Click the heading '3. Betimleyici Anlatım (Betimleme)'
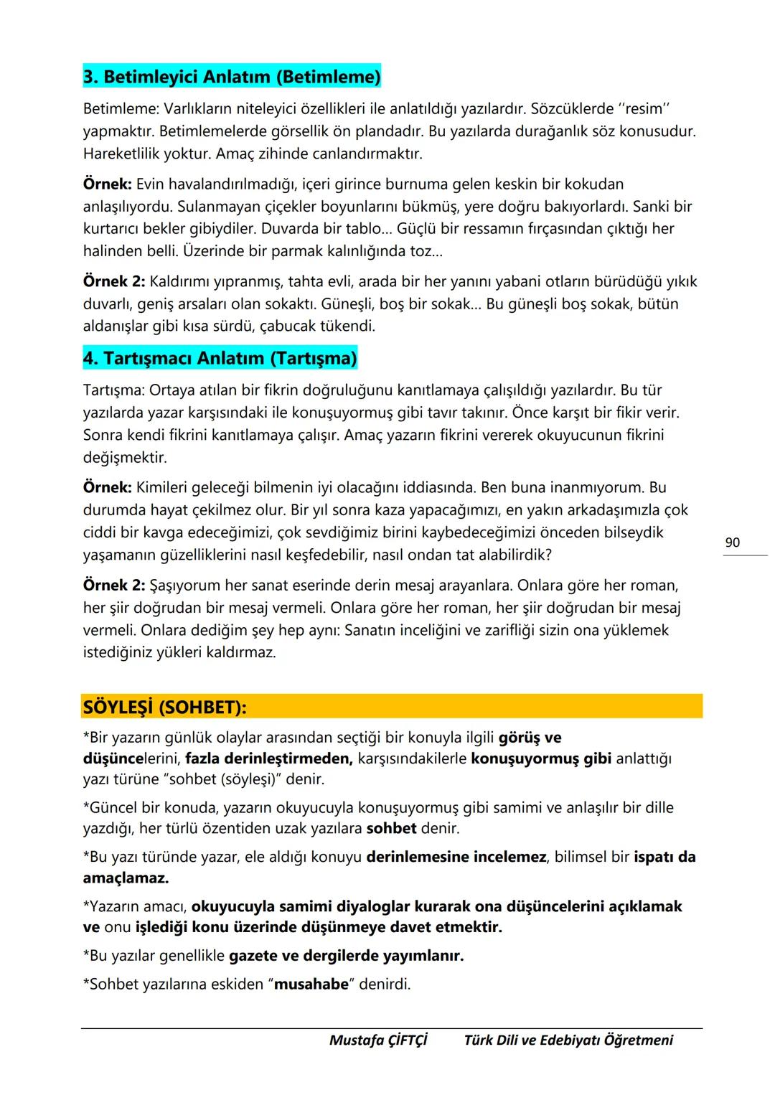[x=232, y=77]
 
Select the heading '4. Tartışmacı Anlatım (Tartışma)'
[x=220, y=358]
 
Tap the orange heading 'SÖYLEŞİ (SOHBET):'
[x=164, y=708]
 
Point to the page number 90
[x=732, y=542]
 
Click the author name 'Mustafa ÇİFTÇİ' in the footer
[x=378, y=1040]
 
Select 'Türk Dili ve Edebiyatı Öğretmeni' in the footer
[x=568, y=1040]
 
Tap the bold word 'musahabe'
[x=311, y=984]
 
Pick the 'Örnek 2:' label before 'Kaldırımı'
[x=114, y=281]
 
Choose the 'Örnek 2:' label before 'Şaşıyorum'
[x=114, y=586]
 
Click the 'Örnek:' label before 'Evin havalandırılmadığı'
[x=107, y=184]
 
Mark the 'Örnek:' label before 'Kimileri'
[x=107, y=488]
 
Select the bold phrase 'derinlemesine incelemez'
[x=456, y=857]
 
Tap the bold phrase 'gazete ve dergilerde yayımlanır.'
[x=346, y=956]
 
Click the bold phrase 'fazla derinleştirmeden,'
[x=268, y=758]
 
